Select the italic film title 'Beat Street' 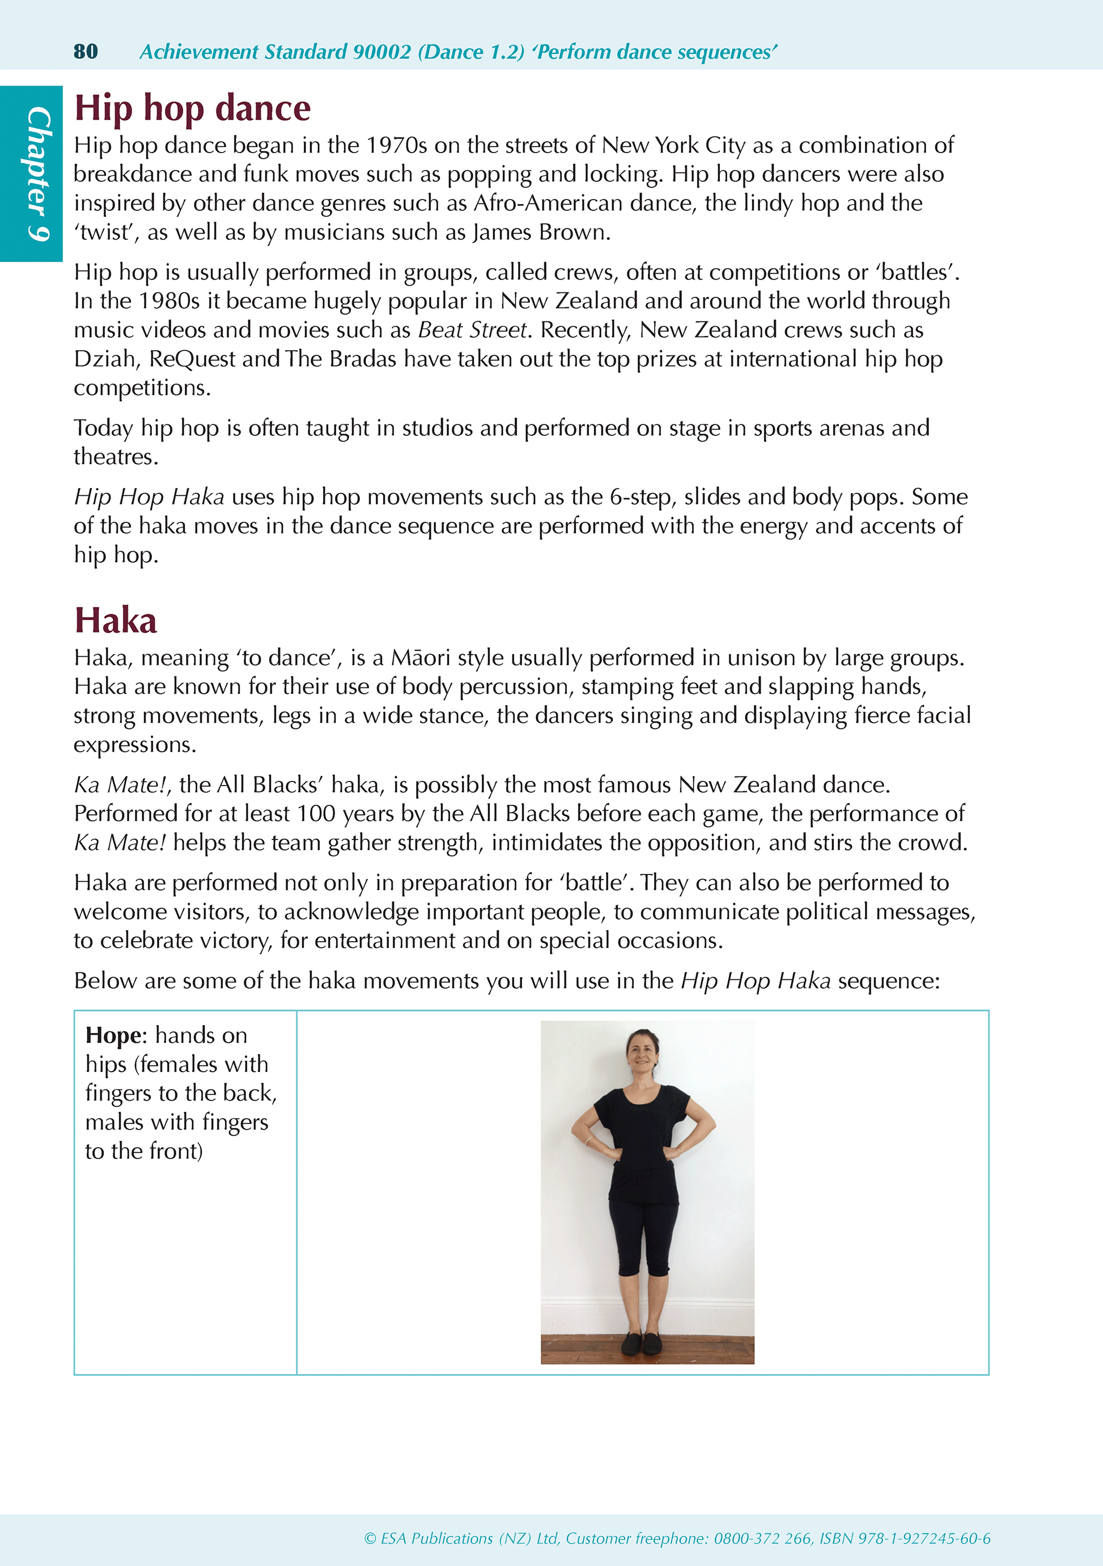point(473,330)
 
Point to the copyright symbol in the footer point(370,1539)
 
